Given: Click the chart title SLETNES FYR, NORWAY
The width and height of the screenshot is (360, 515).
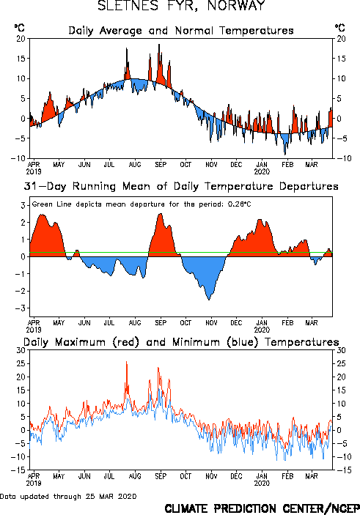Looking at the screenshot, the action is [x=181, y=6].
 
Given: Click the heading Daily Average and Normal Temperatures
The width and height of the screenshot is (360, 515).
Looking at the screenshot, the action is [x=181, y=31].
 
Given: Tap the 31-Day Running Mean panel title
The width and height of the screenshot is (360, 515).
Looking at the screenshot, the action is [x=181, y=186].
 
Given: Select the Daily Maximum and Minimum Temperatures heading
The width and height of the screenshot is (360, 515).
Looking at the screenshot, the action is [x=181, y=342].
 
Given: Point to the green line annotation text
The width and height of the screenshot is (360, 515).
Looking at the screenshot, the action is [x=142, y=204].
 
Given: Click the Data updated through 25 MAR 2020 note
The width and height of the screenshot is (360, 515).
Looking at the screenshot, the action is [x=68, y=496].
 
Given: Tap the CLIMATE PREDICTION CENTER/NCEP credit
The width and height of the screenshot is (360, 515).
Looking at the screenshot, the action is [x=262, y=508].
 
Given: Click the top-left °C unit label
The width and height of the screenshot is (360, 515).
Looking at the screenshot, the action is [x=19, y=28].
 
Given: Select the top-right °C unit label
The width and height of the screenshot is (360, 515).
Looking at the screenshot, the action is [x=339, y=28].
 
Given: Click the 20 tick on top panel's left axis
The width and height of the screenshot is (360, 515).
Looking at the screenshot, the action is [x=21, y=39].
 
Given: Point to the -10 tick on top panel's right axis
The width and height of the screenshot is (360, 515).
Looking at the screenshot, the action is [x=344, y=158].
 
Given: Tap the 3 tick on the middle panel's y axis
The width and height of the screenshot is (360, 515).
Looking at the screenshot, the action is [x=23, y=206].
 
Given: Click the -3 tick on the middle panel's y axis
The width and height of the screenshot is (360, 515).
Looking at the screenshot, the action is [x=21, y=308].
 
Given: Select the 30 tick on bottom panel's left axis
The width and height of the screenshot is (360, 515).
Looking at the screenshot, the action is [x=21, y=350].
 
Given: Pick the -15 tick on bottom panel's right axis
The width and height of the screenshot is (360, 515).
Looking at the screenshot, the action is [x=344, y=470].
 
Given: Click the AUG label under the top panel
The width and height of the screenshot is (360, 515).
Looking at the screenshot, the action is [x=135, y=165].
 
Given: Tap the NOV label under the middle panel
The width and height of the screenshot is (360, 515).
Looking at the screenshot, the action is [x=211, y=323].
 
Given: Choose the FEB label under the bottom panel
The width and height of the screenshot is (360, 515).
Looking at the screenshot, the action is [x=287, y=476].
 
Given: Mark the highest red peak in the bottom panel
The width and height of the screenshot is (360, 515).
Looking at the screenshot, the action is [x=127, y=362].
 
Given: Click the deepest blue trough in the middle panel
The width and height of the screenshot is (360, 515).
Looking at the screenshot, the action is [x=209, y=300].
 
